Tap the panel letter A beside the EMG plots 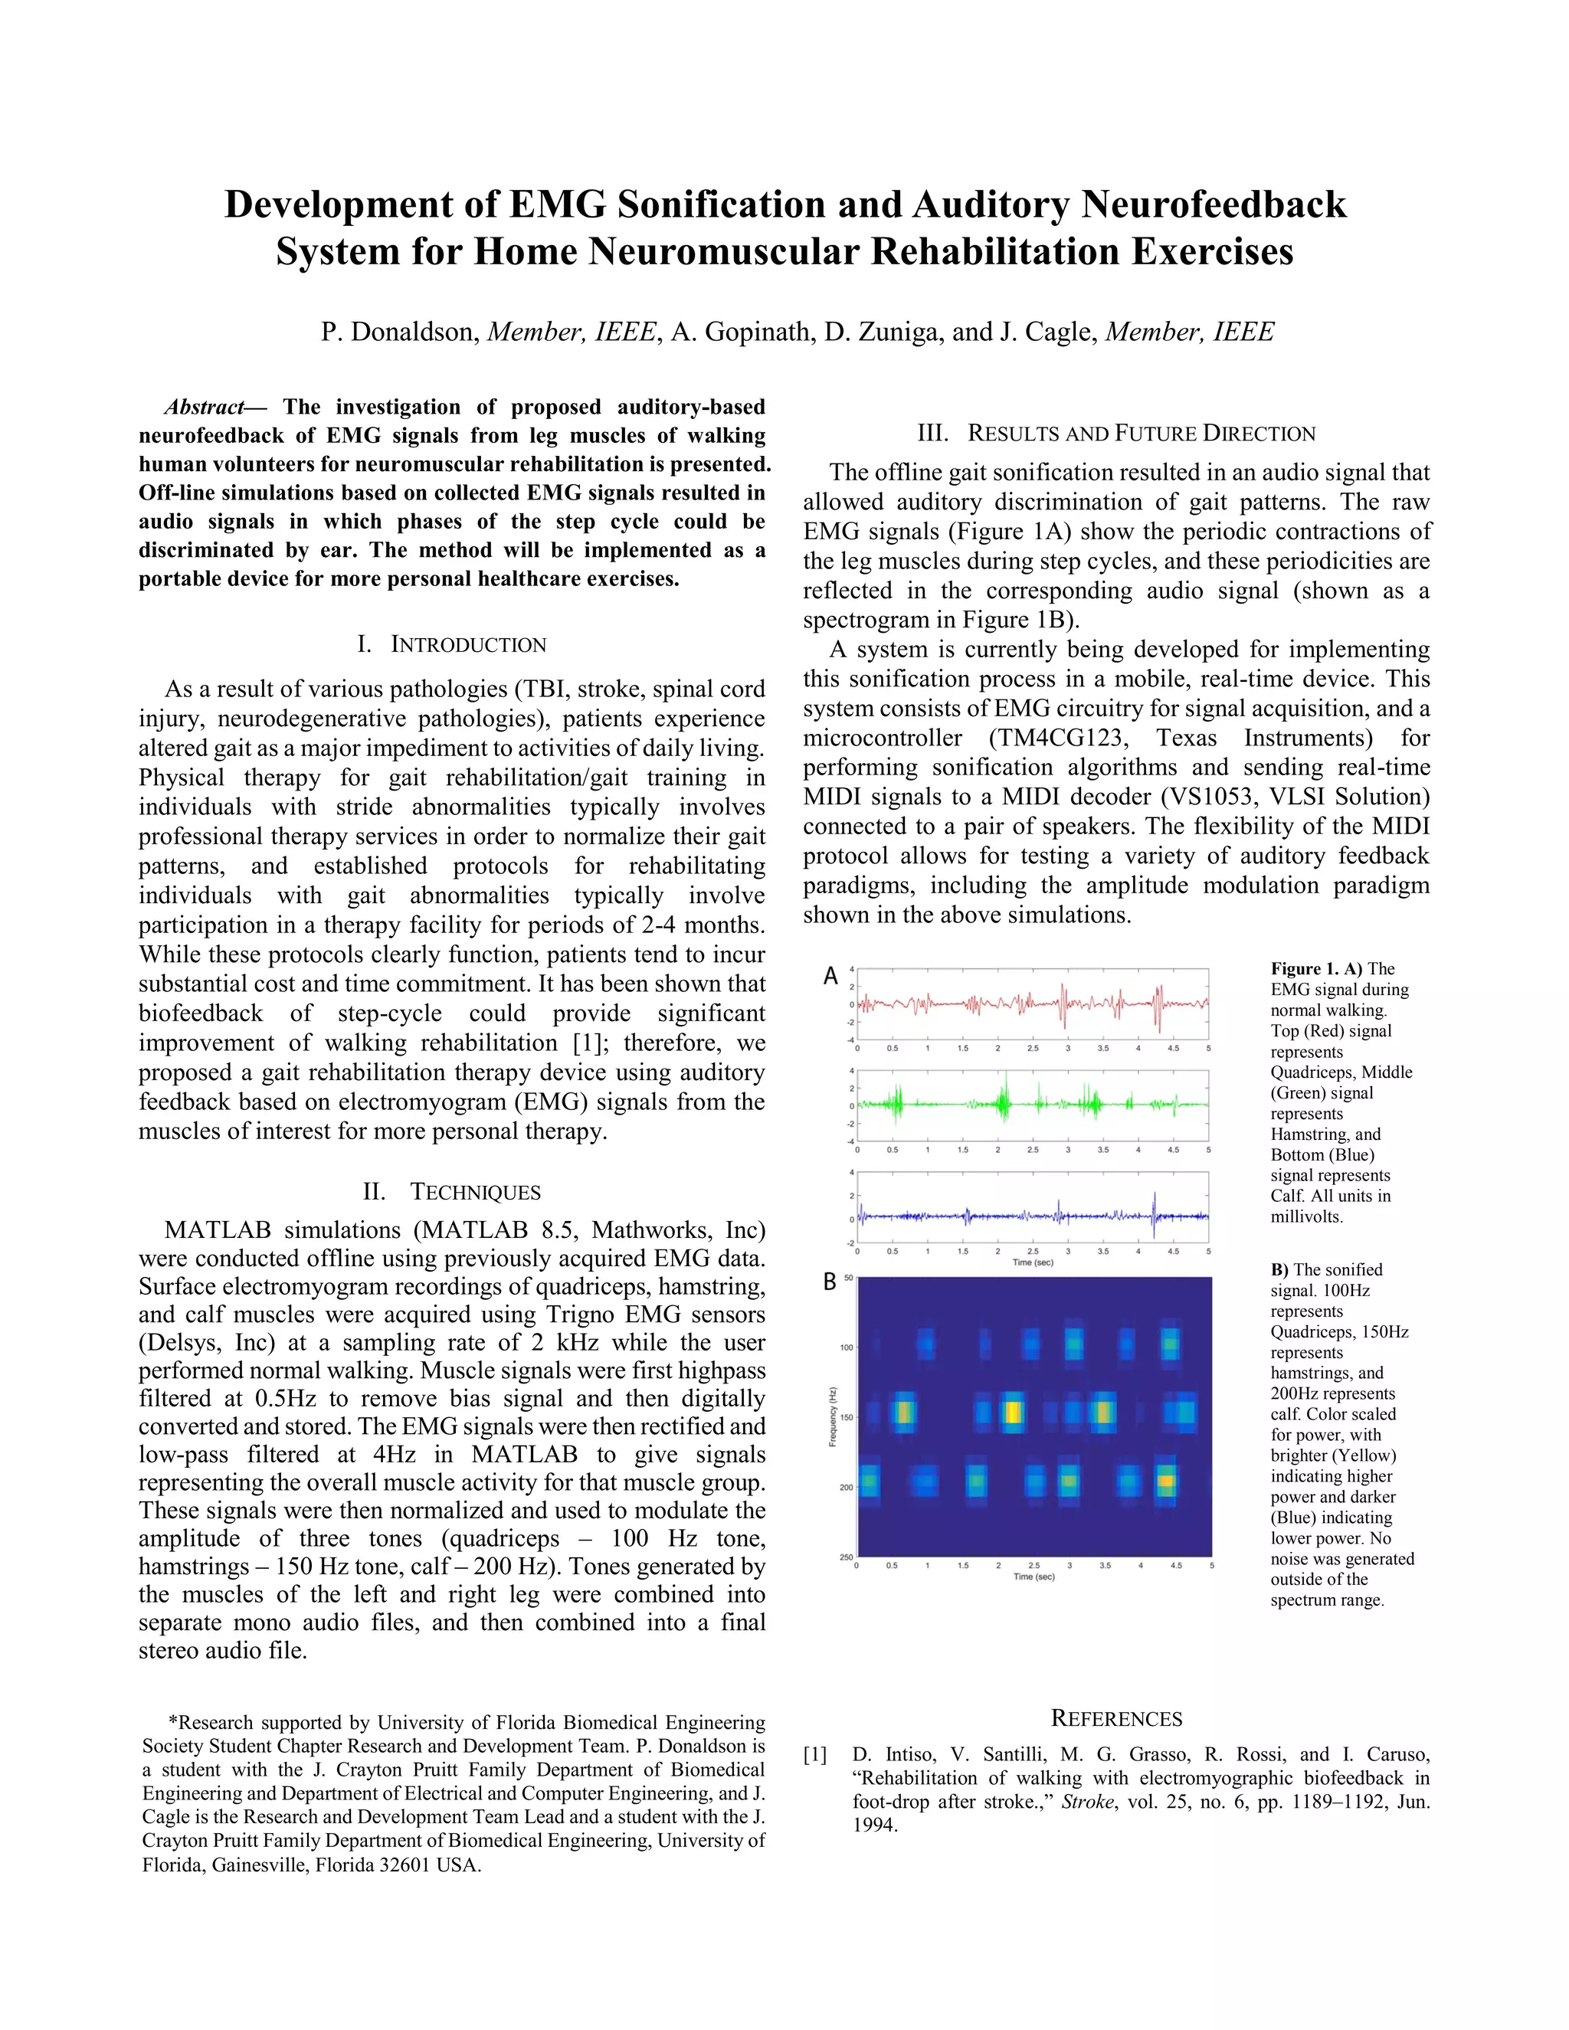point(830,976)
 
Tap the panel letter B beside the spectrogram point(829,1282)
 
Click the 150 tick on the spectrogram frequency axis point(847,1417)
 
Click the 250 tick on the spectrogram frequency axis point(847,1557)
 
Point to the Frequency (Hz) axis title point(833,1416)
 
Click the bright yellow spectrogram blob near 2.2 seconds point(1012,1413)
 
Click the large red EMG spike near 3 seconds point(1063,1006)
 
